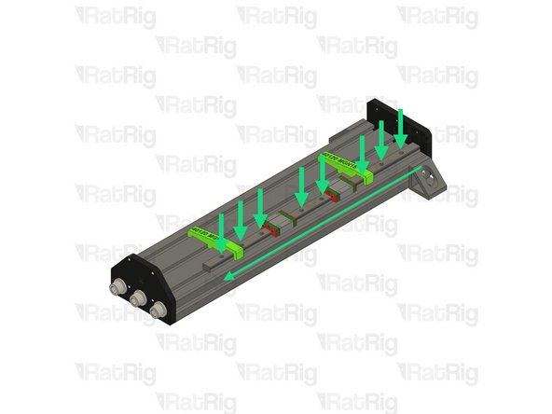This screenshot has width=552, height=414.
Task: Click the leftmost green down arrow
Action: point(220,225)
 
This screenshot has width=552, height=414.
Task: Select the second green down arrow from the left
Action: point(241,217)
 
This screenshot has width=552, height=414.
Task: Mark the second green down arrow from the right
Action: point(381,138)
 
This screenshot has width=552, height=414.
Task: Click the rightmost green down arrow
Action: point(401,126)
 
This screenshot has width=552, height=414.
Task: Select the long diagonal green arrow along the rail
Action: point(326,221)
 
